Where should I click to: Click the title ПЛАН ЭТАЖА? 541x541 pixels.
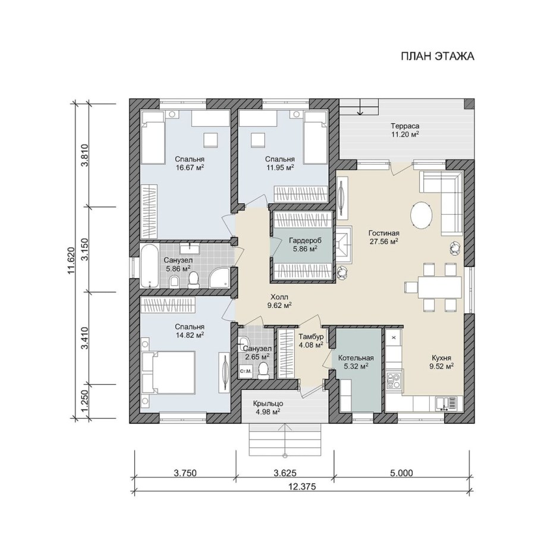437,56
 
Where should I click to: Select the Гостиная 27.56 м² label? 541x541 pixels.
383,237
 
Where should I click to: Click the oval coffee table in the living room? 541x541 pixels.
421,215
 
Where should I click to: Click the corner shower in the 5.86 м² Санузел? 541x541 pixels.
219,277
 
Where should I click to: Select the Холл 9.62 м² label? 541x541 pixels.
279,301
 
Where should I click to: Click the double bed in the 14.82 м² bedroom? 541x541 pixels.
169,373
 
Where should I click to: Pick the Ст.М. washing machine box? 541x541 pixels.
246,371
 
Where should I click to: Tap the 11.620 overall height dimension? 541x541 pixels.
71,260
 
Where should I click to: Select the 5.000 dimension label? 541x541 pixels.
401,473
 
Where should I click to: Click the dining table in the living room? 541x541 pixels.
439,287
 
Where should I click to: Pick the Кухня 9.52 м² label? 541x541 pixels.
441,362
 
